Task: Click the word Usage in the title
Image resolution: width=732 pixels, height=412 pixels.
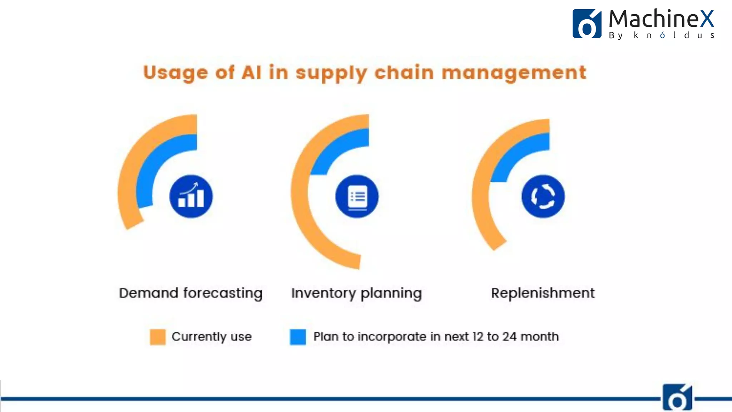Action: (175, 73)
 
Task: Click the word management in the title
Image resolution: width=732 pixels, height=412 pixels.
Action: (514, 73)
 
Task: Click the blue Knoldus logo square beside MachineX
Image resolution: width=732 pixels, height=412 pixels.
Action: (587, 24)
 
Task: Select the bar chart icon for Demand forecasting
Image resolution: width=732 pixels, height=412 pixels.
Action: (191, 196)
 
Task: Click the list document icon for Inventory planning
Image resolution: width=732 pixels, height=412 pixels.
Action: (357, 196)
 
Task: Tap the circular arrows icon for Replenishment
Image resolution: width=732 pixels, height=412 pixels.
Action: (543, 196)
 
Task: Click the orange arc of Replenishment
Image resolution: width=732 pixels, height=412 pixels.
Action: (481, 200)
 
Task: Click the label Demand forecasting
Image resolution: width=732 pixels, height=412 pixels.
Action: (191, 293)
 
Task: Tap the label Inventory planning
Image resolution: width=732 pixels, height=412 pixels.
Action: (356, 293)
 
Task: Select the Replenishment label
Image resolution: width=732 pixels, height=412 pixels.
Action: (543, 293)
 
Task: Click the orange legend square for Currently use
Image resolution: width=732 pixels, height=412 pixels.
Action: (158, 337)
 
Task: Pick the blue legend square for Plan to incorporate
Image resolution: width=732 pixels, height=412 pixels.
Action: (298, 337)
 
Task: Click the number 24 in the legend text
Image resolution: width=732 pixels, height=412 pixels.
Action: (509, 337)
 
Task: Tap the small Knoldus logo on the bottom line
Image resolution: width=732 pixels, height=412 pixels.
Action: (677, 398)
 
